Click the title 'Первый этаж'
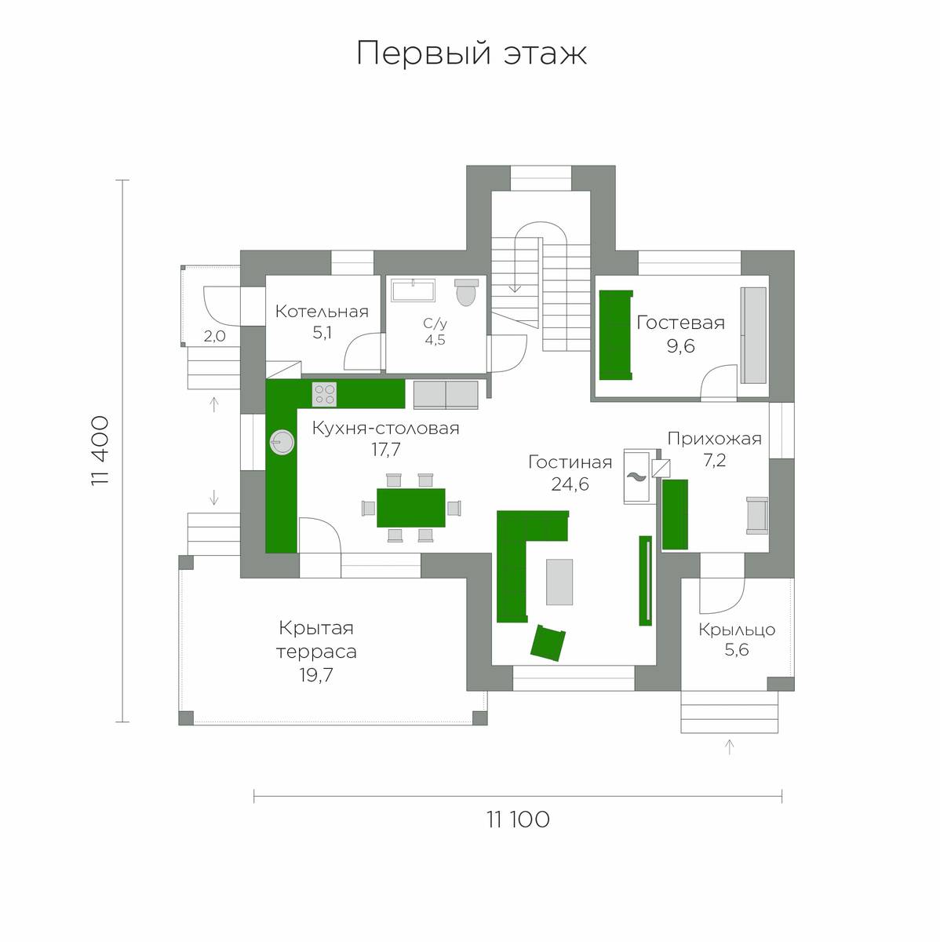472,53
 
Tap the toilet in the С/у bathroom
466,292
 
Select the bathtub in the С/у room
413,290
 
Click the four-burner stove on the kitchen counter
325,395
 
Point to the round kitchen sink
282,443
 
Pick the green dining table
410,507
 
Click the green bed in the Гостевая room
616,335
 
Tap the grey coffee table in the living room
559,582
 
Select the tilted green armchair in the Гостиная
548,643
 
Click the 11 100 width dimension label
518,820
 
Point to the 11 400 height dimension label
100,451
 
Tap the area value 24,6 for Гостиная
570,484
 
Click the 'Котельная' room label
322,312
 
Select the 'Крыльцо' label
737,630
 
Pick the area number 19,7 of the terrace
316,675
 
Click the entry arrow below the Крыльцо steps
729,747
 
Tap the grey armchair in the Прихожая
756,515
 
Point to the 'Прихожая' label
714,439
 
